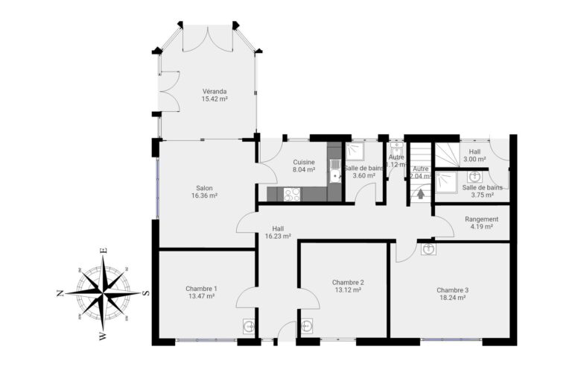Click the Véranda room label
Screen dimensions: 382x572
(x=214, y=91)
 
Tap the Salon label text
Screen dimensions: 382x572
(x=204, y=188)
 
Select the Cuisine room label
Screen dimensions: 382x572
(x=303, y=162)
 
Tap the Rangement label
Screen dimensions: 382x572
(x=481, y=219)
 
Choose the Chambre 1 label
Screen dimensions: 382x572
(x=201, y=289)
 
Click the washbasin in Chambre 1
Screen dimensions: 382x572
(x=249, y=326)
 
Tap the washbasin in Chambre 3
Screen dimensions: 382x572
(x=428, y=248)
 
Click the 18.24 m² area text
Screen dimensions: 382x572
(x=451, y=297)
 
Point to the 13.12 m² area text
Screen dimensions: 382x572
(x=348, y=289)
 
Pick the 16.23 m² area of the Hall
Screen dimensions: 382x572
(x=277, y=237)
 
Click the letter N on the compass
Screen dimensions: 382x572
(x=60, y=293)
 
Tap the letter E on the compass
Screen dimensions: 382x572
(x=105, y=251)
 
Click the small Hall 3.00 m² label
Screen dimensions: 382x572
(x=474, y=155)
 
